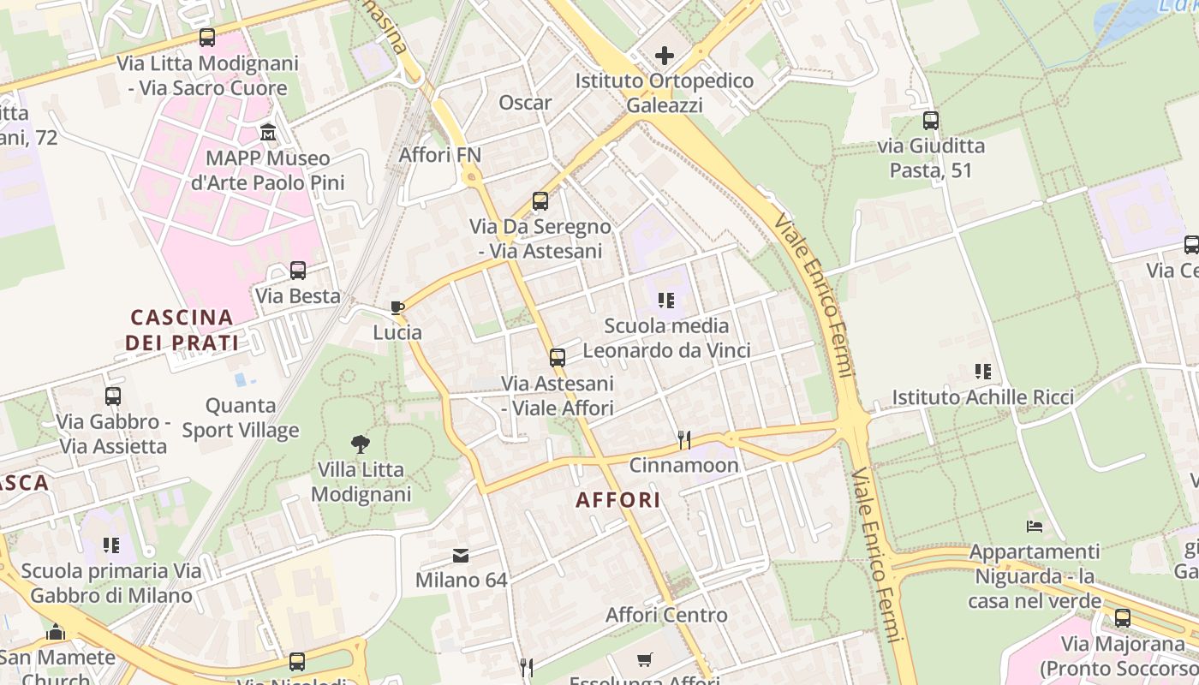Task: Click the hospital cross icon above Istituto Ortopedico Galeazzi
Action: coord(665,57)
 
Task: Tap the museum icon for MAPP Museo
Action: coord(268,133)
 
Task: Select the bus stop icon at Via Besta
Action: coord(298,271)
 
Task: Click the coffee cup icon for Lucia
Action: coord(397,307)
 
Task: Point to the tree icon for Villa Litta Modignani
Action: coord(361,444)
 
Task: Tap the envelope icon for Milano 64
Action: coord(461,556)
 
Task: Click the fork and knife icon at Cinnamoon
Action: coord(683,440)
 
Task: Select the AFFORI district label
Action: coord(618,500)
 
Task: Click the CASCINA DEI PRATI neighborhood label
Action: coord(182,331)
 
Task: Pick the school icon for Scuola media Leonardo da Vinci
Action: coord(666,301)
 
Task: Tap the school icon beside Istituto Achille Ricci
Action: coord(982,372)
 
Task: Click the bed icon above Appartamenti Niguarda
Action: coord(1035,526)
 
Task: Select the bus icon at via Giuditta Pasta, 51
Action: coord(931,121)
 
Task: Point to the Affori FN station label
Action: coord(440,155)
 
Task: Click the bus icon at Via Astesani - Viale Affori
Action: coord(558,358)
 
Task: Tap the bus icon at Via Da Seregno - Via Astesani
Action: coord(540,201)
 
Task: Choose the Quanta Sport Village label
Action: coord(241,418)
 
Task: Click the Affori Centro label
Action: coord(666,615)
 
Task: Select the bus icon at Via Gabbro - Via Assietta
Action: coord(113,396)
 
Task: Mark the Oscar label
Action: coord(525,103)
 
